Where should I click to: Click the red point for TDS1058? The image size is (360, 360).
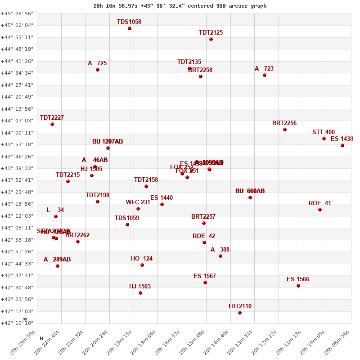point(130,28)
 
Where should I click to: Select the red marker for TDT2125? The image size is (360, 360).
point(211,39)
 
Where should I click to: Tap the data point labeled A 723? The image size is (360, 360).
point(265,75)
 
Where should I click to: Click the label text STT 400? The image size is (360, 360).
point(324,132)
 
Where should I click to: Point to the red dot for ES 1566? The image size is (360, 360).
point(298,286)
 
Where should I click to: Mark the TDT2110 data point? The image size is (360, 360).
point(240,313)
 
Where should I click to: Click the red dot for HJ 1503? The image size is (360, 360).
point(140,293)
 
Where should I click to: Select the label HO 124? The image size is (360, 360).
point(142,258)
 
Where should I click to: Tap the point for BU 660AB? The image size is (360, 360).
point(250,198)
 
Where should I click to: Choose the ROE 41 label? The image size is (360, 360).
point(319,203)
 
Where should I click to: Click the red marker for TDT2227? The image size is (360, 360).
point(52,124)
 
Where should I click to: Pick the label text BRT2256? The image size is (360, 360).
point(284,123)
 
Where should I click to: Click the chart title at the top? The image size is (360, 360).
point(180,6)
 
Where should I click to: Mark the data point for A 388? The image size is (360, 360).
point(220,256)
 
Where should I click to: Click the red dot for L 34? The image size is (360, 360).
point(56,216)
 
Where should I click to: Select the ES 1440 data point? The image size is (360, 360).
point(162,204)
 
